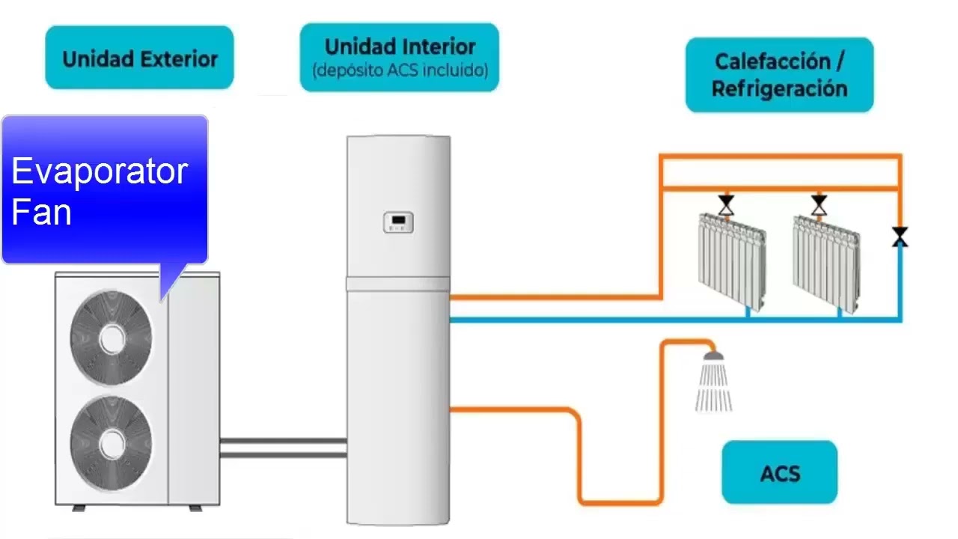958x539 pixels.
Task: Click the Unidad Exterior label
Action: pos(139,58)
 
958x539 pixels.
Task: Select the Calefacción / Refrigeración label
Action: pos(779,75)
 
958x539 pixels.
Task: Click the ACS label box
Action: pos(779,473)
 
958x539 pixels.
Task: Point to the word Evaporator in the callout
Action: pos(100,171)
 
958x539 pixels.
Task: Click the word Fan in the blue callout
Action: pos(42,213)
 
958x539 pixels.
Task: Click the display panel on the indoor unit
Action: pos(399,222)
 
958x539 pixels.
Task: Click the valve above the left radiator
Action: pos(725,204)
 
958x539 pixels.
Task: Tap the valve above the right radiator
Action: pos(820,204)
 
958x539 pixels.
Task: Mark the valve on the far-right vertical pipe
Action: pos(900,237)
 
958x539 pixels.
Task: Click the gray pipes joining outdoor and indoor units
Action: pos(283,448)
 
